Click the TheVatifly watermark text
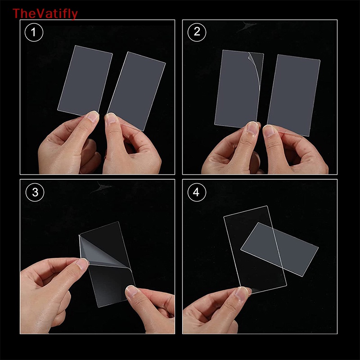click(45, 14)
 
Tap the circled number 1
click(34, 32)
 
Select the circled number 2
click(197, 32)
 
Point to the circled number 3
click(35, 193)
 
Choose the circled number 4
click(197, 193)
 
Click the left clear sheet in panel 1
click(85, 81)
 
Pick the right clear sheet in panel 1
click(137, 91)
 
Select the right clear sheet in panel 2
click(294, 95)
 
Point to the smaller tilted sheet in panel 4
click(279, 249)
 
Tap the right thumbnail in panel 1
click(111, 118)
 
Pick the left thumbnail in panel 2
click(252, 127)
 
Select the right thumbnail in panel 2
click(269, 130)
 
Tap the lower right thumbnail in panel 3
click(132, 291)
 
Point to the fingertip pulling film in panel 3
click(83, 264)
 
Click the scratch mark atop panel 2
click(246, 26)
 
